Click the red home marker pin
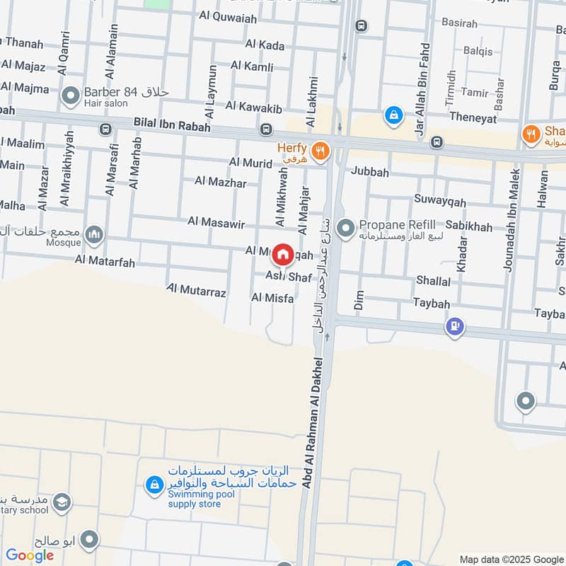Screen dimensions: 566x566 pyautogui.click(x=283, y=254)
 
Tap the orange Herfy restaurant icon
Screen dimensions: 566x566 pyautogui.click(x=321, y=149)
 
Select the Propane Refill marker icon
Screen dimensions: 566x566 pyautogui.click(x=345, y=228)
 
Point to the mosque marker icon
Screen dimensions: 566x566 pyautogui.click(x=93, y=234)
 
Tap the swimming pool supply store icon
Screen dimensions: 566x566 pyautogui.click(x=154, y=485)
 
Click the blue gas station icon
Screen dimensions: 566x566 pyautogui.click(x=454, y=326)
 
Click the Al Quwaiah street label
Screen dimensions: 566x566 pyautogui.click(x=229, y=18)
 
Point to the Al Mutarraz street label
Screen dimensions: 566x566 pyautogui.click(x=197, y=290)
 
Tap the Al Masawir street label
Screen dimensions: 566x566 pyautogui.click(x=216, y=221)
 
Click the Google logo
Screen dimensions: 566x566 pyautogui.click(x=30, y=555)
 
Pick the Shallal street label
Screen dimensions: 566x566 pyautogui.click(x=433, y=281)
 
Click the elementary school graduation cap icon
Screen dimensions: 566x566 pyautogui.click(x=62, y=502)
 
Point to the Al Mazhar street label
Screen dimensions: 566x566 pyautogui.click(x=222, y=183)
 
